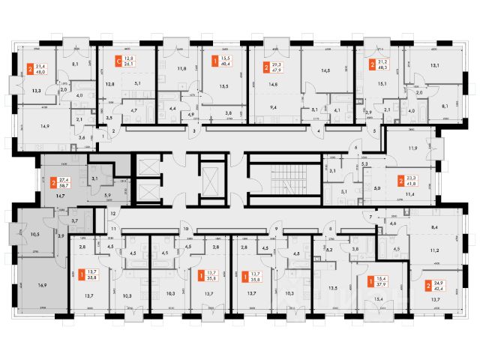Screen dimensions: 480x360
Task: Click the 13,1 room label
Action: coord(435,64)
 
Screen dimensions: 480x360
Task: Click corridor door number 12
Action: coord(112,214)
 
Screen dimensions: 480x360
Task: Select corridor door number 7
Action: coord(370,216)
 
